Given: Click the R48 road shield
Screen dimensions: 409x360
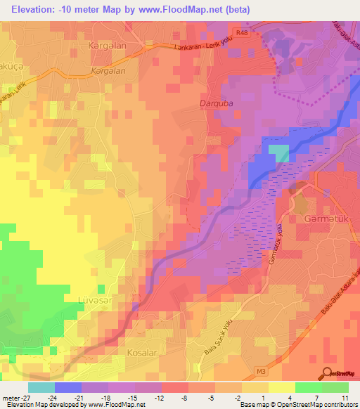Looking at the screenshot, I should (x=243, y=32).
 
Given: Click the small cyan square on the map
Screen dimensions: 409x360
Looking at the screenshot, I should (x=278, y=153).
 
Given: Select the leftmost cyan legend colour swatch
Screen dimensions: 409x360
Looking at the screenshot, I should (x=41, y=387).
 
